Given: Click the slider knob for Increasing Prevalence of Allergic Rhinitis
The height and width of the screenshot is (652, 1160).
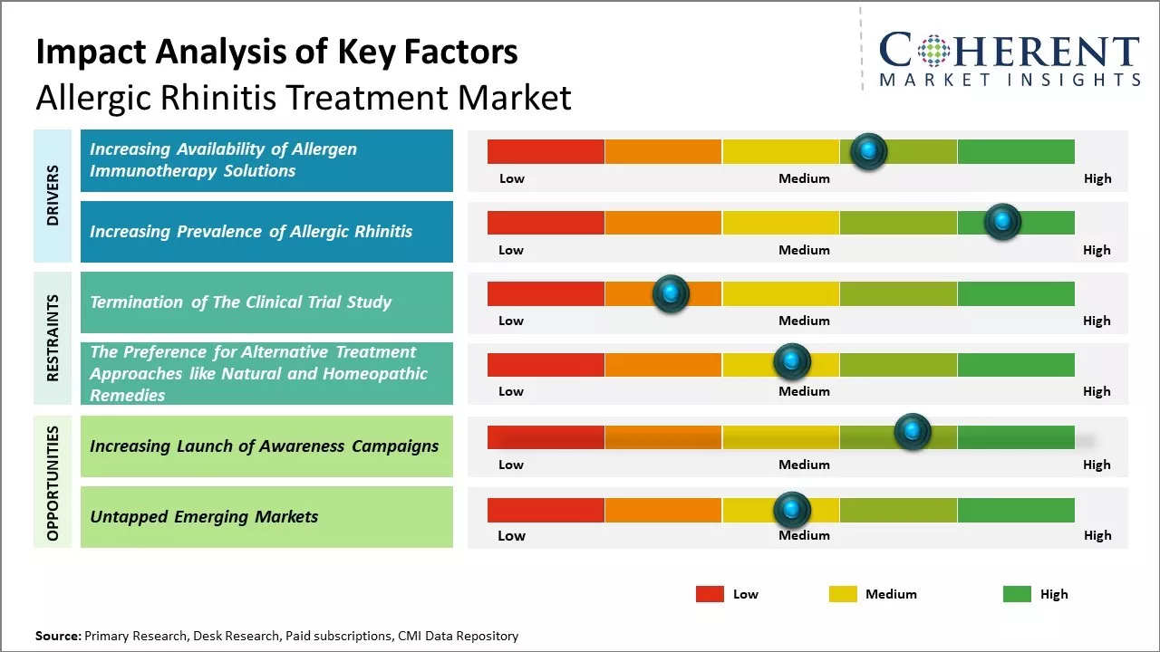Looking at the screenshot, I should tap(1002, 222).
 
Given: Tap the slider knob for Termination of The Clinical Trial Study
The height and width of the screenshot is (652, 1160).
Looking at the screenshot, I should tap(671, 293).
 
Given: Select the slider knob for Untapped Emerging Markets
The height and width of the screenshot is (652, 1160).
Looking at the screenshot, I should tap(792, 510).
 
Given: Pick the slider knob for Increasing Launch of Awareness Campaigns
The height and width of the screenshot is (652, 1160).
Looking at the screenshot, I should tap(913, 431).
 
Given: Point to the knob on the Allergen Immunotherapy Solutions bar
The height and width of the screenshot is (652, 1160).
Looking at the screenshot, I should tap(869, 151).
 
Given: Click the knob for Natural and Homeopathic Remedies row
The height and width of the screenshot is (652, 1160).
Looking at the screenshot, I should tap(792, 362).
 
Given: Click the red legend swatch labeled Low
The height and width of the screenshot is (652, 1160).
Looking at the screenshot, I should tap(710, 594).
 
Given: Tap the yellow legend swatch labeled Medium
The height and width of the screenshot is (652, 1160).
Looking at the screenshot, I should tap(843, 594).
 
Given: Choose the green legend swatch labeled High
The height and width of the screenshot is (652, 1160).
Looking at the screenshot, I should tap(1017, 594).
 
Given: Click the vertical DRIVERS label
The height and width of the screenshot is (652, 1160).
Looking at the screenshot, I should tap(53, 196).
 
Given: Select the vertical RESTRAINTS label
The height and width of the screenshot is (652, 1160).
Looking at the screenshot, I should tap(53, 338).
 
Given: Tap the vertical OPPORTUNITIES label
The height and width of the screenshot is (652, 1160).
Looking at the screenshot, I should tap(53, 483).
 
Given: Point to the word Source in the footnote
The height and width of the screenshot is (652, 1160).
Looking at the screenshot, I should tap(57, 636).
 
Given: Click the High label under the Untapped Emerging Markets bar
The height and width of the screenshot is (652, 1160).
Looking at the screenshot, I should tap(1097, 535).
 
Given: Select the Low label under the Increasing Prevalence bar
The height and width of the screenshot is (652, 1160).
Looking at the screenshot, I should tap(511, 250).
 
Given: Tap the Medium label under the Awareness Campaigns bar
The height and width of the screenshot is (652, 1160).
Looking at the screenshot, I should tap(804, 465).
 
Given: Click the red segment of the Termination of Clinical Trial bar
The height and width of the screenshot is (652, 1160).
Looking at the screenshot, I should tap(546, 293).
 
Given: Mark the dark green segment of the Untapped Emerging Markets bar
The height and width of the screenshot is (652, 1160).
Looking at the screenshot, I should tap(1015, 510).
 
